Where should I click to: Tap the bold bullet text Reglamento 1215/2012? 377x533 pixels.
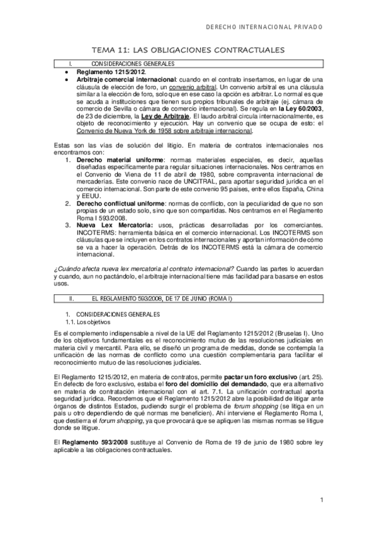[106, 74]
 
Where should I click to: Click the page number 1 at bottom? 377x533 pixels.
[320, 500]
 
